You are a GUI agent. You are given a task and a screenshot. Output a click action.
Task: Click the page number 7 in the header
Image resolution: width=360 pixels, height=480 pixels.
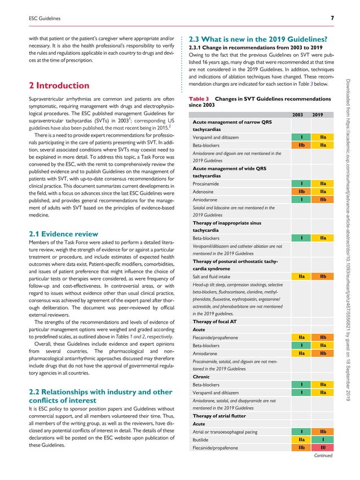(333, 19)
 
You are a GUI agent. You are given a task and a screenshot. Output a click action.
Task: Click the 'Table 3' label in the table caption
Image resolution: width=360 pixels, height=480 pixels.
(199, 98)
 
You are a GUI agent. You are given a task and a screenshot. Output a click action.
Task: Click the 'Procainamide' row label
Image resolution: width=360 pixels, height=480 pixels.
(209, 184)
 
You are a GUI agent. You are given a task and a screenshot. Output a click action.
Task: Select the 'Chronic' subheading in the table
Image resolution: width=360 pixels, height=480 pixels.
(201, 376)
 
